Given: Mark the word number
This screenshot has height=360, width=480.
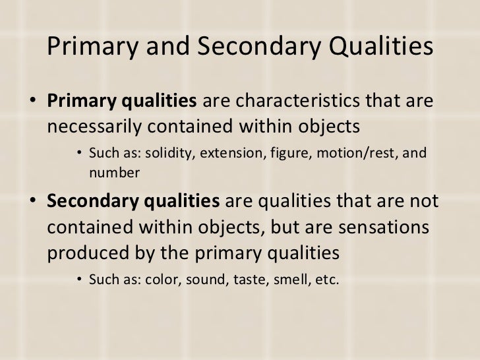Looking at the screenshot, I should [114, 172].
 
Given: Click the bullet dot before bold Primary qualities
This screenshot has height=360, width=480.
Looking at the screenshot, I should [33, 103].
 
